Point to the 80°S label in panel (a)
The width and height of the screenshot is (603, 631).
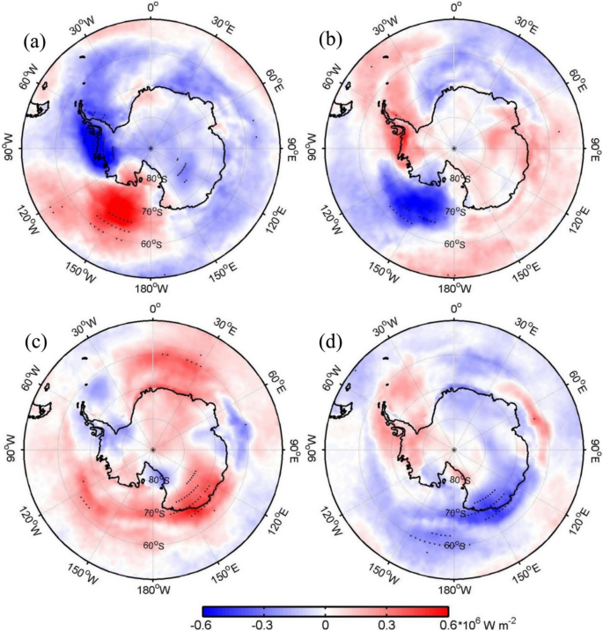coord(155,180)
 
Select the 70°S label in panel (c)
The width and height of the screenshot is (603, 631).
coord(155,512)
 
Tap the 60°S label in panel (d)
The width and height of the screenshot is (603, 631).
coord(456,546)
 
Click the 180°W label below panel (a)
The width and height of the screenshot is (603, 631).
coord(151,287)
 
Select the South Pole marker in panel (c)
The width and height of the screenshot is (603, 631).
coord(151,449)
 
